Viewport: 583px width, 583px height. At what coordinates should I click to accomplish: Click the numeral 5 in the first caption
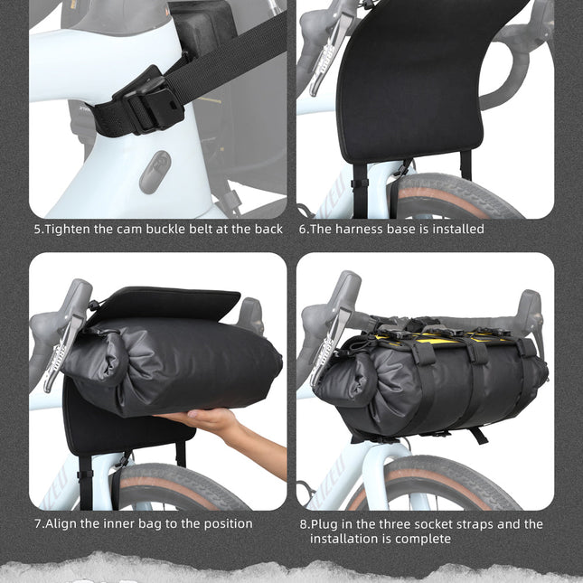(x=38, y=230)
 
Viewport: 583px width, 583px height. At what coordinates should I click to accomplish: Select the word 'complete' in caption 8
(x=424, y=539)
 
